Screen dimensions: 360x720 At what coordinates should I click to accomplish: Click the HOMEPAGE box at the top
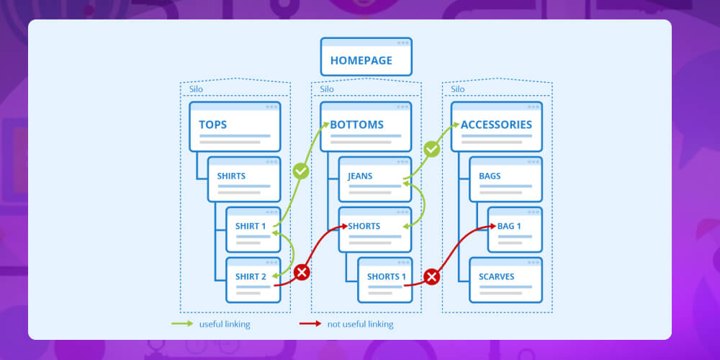[x=366, y=57]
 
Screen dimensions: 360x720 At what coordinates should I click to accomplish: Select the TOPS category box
[x=235, y=127]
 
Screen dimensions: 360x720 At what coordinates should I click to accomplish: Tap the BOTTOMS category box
[x=366, y=127]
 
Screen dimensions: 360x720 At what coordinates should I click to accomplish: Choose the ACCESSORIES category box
[x=497, y=127]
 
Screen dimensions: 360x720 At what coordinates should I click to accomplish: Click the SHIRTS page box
[x=244, y=179]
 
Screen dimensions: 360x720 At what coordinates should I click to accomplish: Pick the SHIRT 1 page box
[x=253, y=230]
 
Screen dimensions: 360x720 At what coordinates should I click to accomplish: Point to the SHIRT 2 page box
[x=253, y=280]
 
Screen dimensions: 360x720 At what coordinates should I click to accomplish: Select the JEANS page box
[x=375, y=179]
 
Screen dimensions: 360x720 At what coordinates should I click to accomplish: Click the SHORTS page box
[x=375, y=230]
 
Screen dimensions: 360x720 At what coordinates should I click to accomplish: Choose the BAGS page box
[x=505, y=179]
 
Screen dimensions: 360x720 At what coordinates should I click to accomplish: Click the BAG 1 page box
[x=515, y=230]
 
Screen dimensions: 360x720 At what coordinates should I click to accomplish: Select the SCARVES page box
[x=505, y=280]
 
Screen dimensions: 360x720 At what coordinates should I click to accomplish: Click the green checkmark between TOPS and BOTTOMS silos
[x=302, y=171]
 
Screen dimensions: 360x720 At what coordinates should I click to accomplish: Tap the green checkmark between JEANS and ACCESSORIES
[x=432, y=150]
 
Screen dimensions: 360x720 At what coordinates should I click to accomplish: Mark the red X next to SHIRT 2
[x=302, y=273]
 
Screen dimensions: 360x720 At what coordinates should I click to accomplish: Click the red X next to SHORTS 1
[x=432, y=276]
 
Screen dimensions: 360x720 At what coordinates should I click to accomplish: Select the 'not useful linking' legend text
[x=360, y=324]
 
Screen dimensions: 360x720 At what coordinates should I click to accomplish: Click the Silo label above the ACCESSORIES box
[x=458, y=90]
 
